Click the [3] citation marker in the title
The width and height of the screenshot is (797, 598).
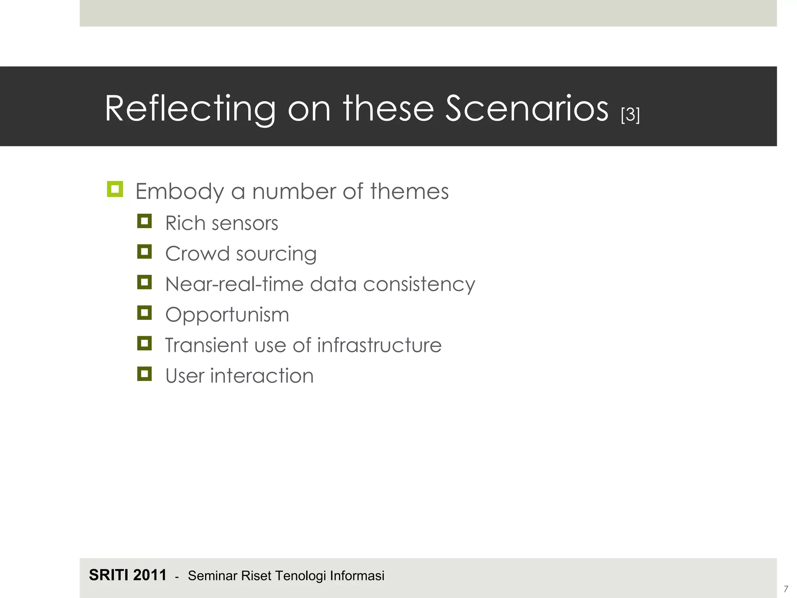(x=630, y=115)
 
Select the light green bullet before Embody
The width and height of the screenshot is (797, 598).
(x=115, y=189)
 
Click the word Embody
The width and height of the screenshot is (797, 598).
(x=179, y=192)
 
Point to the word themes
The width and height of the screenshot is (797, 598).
(x=409, y=192)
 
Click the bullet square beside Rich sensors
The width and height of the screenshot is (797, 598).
(x=144, y=221)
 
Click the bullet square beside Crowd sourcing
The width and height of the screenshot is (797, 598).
(x=144, y=252)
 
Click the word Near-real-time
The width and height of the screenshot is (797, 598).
(x=234, y=284)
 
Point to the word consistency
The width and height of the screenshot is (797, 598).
(x=419, y=284)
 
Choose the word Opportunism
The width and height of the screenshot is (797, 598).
(x=227, y=315)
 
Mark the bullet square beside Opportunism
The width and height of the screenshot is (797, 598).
(x=144, y=313)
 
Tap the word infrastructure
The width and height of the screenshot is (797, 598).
(x=379, y=345)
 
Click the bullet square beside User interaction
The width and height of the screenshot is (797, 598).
(x=144, y=374)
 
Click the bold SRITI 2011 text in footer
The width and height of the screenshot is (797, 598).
(x=128, y=575)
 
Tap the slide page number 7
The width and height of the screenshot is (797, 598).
(x=786, y=589)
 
